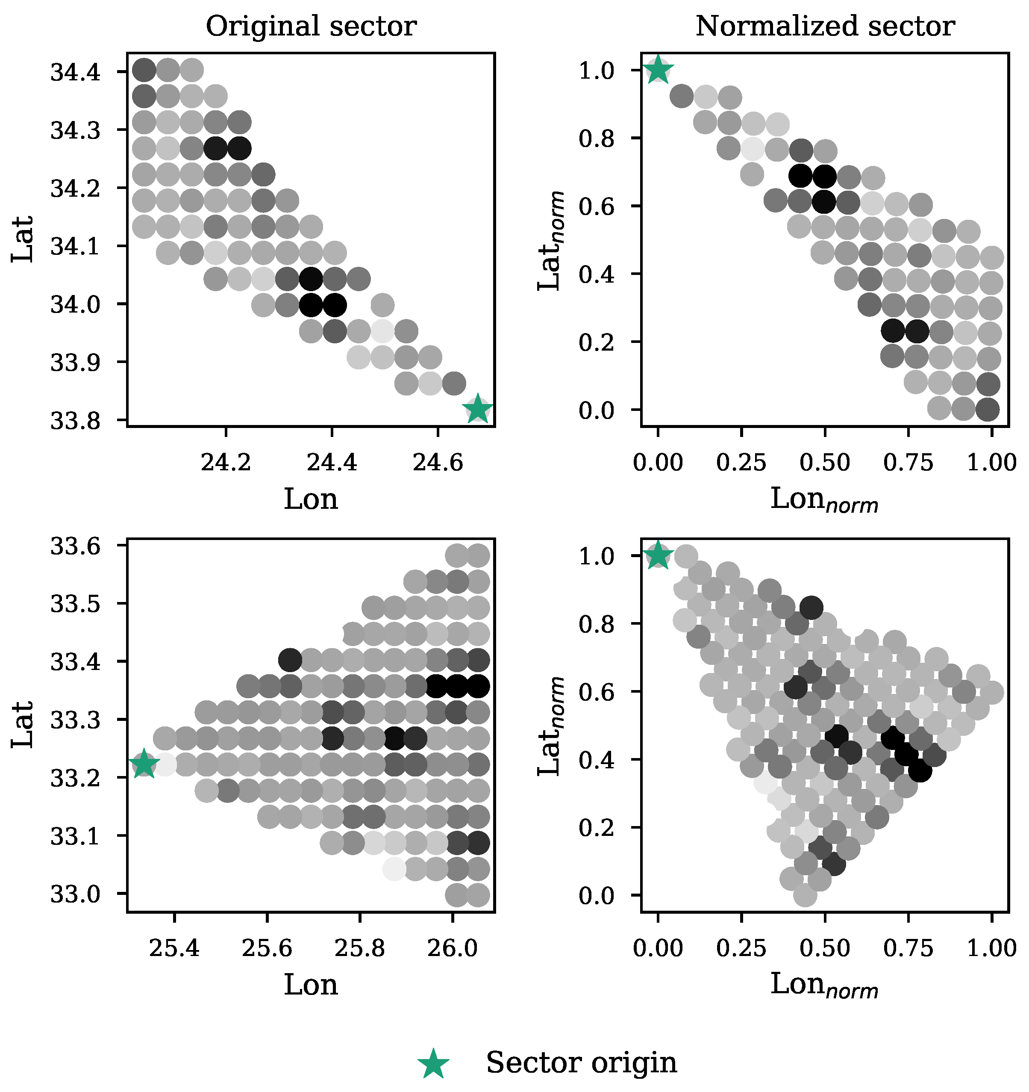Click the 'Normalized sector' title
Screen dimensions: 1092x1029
click(825, 27)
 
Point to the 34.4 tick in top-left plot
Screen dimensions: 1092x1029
click(75, 72)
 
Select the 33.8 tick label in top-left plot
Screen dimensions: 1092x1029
click(75, 421)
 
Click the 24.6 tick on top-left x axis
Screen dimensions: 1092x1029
click(438, 463)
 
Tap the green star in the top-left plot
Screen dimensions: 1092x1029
click(478, 409)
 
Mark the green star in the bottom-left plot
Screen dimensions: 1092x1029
click(144, 764)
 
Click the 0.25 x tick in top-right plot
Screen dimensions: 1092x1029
click(741, 463)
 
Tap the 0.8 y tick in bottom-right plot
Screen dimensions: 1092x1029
click(596, 624)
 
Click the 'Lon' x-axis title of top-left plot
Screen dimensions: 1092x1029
click(311, 499)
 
